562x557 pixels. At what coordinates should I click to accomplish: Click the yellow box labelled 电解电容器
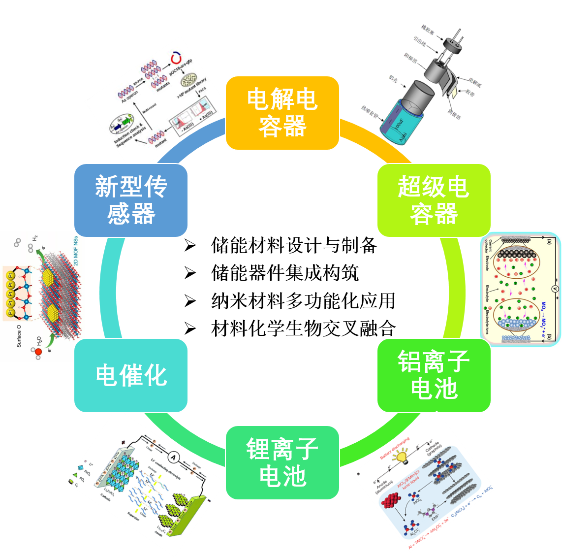(x=282, y=113)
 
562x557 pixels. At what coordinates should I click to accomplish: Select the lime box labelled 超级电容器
(x=434, y=200)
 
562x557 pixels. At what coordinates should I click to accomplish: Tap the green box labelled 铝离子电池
(x=434, y=375)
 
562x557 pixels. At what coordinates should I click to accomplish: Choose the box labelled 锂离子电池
(x=282, y=462)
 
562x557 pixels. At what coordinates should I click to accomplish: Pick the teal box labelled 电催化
(x=131, y=375)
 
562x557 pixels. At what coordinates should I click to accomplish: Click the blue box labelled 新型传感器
(x=131, y=200)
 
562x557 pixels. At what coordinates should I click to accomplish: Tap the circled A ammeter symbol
(x=173, y=458)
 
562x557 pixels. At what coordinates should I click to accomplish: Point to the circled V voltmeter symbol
(x=555, y=290)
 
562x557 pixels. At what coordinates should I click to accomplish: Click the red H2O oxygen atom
(x=38, y=352)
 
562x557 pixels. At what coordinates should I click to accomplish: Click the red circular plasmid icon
(x=175, y=59)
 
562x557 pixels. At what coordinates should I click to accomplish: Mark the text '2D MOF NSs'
(x=75, y=251)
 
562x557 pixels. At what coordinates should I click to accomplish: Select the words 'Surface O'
(x=19, y=335)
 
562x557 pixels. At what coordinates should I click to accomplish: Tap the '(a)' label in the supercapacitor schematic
(x=550, y=242)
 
